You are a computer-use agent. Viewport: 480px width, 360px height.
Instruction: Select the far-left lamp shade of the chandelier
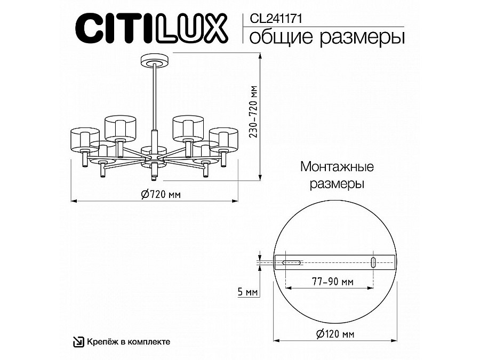[85, 138]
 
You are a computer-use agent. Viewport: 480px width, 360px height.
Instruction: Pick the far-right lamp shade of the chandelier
[223, 138]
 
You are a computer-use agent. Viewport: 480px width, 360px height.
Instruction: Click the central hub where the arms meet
[154, 158]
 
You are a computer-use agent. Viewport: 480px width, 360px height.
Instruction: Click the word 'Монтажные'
[337, 167]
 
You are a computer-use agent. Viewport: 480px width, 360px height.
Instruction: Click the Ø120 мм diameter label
[334, 334]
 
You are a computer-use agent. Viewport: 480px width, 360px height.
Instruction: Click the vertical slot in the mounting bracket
[373, 262]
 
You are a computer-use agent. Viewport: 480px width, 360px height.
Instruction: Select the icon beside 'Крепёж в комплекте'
[78, 341]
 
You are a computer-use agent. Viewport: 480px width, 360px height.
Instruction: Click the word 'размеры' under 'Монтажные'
[337, 185]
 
